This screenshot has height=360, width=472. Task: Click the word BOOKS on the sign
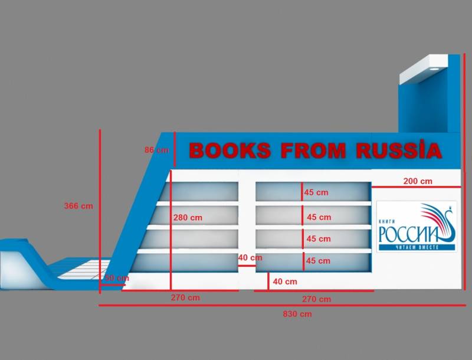click(x=230, y=150)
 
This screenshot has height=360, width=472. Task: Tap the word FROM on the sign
click(x=313, y=150)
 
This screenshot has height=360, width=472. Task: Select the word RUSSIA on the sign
click(x=399, y=150)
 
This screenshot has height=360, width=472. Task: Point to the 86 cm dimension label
click(x=156, y=150)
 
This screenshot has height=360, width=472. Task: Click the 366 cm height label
click(x=78, y=206)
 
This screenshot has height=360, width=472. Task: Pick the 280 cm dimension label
click(x=188, y=217)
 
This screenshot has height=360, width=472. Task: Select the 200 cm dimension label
click(x=418, y=181)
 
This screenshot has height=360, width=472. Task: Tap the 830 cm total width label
click(x=297, y=314)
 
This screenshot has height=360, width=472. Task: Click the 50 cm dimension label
click(x=116, y=278)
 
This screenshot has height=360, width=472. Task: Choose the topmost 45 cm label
click(x=316, y=192)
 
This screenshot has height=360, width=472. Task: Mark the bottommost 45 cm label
click(x=319, y=260)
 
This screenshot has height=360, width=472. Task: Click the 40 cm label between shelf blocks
click(x=250, y=257)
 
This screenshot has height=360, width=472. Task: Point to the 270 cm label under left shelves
click(x=185, y=297)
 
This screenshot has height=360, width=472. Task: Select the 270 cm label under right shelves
click(x=316, y=299)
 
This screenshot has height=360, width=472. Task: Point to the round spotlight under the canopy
click(x=434, y=69)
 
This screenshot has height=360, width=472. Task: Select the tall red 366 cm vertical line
click(x=100, y=207)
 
